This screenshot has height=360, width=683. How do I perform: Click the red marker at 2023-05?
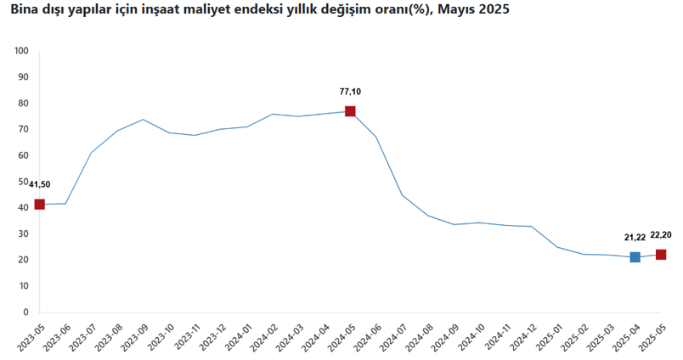pos(39,205)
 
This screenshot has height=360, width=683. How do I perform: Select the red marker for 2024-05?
pos(350,111)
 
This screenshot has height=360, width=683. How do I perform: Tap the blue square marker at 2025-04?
pos(635,257)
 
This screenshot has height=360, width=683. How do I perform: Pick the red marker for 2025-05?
pos(661,255)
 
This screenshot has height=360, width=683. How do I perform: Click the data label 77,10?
pos(350,92)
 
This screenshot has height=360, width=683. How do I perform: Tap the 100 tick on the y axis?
pos(22,51)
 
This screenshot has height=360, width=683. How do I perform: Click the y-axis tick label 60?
pos(24,155)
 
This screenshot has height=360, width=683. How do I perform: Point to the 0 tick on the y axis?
pos(26,312)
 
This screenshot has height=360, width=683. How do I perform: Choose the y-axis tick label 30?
pos(24,234)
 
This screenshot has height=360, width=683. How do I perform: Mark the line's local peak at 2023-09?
pos(143,120)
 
